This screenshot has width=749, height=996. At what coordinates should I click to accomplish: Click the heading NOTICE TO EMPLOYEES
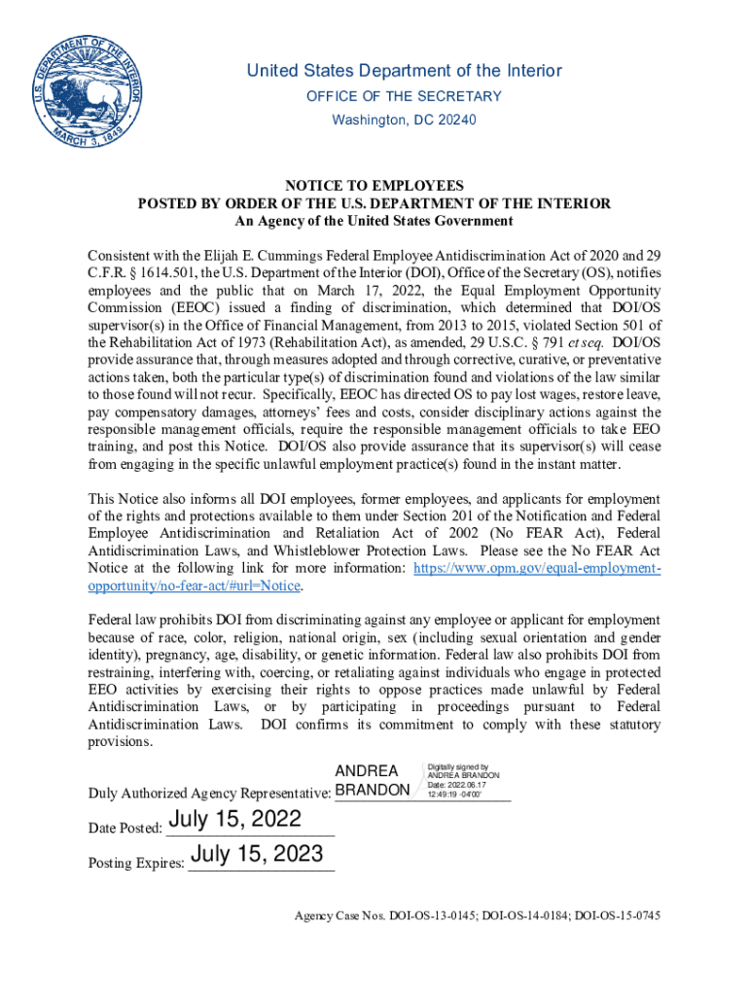click(x=374, y=186)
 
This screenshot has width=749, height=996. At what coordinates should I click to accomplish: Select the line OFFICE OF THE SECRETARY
click(x=404, y=96)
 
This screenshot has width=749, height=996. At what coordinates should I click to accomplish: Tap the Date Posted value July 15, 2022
click(x=234, y=820)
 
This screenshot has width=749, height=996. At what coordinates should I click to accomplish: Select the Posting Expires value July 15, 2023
click(x=257, y=856)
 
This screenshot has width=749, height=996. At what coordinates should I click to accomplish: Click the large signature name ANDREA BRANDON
click(x=372, y=780)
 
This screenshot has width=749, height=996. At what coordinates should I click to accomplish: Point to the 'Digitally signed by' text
click(x=458, y=766)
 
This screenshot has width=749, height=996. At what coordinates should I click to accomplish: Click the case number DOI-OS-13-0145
click(x=433, y=916)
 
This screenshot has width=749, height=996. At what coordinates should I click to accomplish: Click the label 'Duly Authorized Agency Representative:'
click(x=209, y=792)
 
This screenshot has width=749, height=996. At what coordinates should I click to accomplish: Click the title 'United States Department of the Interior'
click(x=404, y=71)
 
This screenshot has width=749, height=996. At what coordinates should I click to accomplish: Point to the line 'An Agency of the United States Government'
click(x=374, y=221)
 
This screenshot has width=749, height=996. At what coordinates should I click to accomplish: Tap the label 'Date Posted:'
click(x=125, y=828)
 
